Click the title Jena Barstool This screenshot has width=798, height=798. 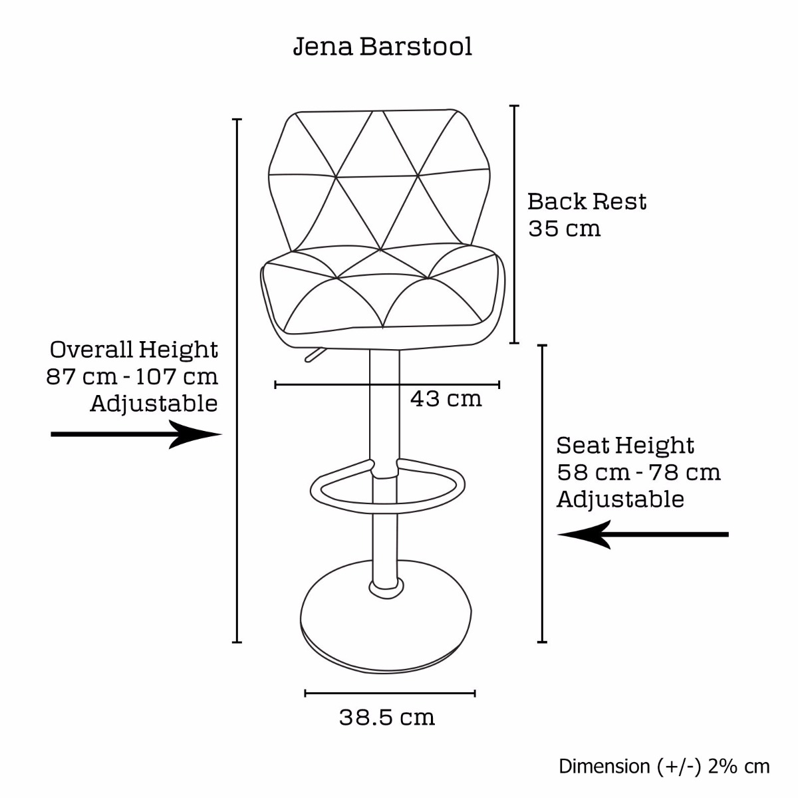point(382,47)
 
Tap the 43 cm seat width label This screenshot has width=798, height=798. point(446,399)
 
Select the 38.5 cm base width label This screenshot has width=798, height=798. point(387,718)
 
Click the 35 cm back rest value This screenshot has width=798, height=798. point(564,229)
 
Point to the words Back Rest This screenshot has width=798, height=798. point(587,201)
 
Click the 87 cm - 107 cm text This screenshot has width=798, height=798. point(132,377)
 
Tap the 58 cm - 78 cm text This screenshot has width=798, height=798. point(638,473)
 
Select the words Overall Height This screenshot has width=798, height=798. point(134,350)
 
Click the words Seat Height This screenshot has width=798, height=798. point(625,446)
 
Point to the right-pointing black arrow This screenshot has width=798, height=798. point(137,434)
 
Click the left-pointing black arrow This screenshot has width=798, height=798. point(642,535)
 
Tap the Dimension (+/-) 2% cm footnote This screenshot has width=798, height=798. point(664,766)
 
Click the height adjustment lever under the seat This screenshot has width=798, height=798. point(314,354)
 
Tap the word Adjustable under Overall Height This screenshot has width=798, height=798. point(154,404)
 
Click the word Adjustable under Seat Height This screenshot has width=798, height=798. point(620,499)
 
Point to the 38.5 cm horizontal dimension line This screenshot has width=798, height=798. point(390,693)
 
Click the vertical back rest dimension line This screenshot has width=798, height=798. point(514,225)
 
